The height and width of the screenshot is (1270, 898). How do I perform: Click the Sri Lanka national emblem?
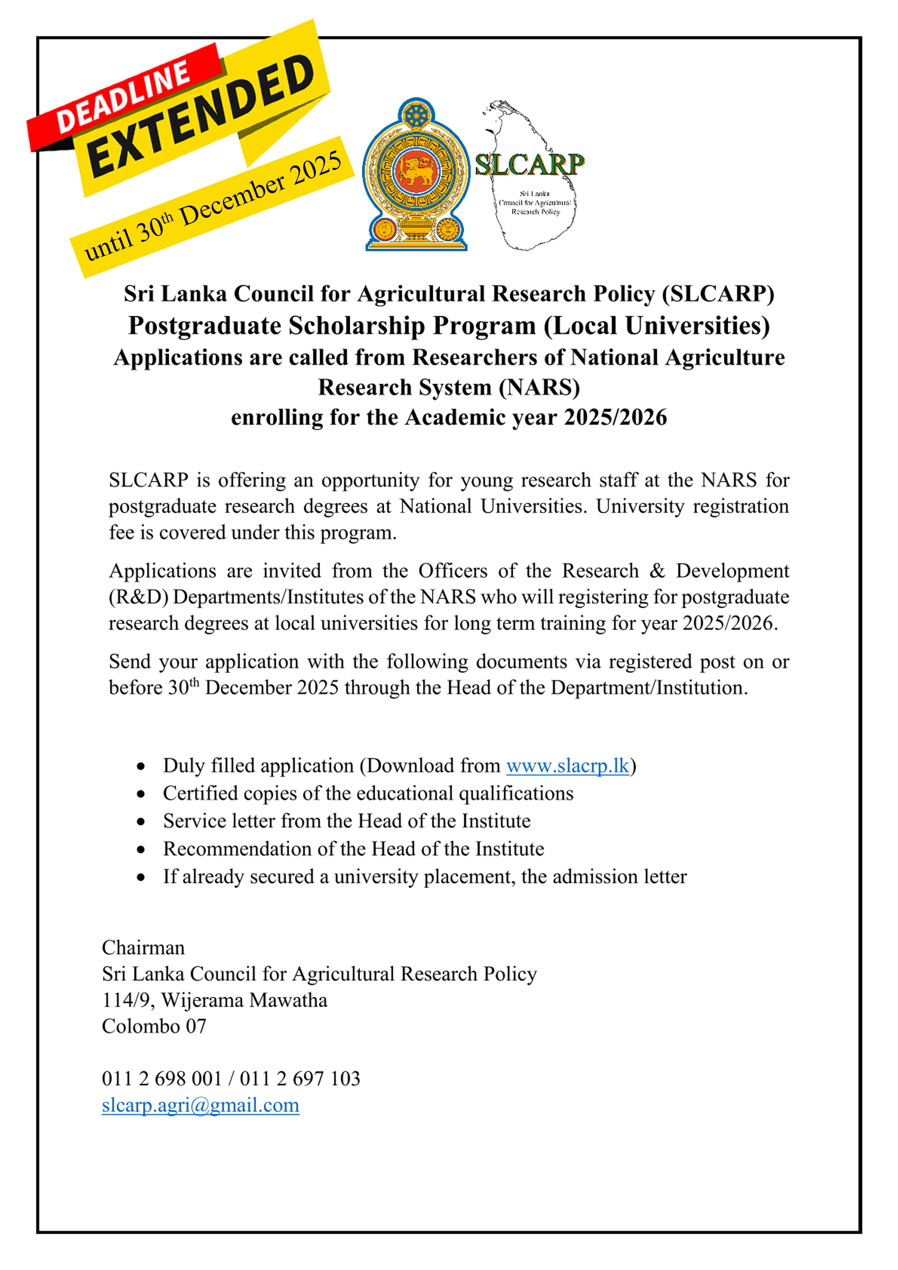coord(416,174)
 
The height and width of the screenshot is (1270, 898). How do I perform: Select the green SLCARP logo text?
coord(529,165)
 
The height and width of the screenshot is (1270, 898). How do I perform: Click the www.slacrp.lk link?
coord(568,766)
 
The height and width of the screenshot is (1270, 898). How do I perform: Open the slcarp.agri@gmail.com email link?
coord(200,1105)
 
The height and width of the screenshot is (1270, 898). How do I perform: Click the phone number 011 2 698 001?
coord(161,1078)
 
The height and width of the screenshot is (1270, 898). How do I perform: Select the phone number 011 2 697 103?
coord(300,1078)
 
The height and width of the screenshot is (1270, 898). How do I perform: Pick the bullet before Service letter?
coord(141,822)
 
